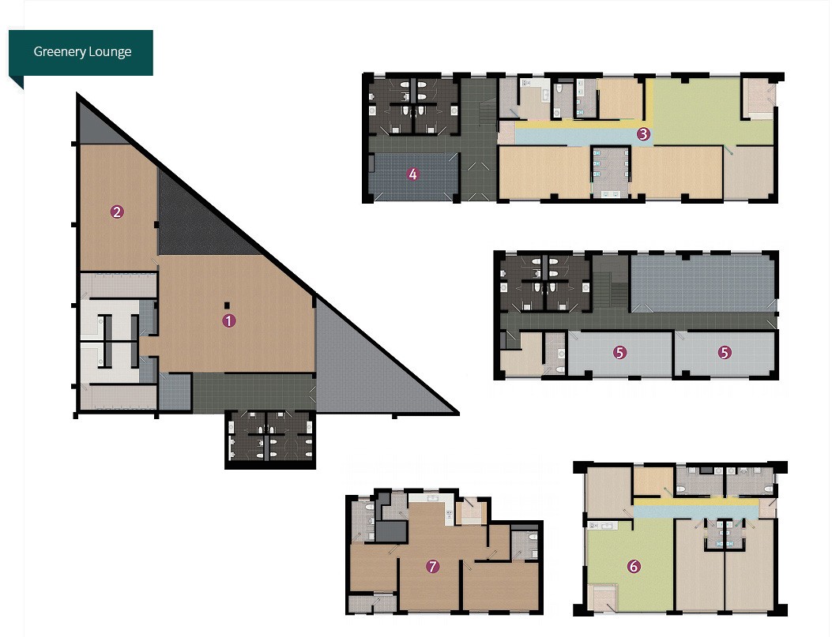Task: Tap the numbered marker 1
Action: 228,320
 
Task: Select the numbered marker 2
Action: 117,212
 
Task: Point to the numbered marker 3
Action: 643,134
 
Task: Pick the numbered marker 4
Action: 412,174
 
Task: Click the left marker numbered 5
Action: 619,352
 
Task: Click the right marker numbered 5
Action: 725,352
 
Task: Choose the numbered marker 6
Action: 634,567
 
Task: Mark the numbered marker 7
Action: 433,567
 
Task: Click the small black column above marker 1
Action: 227,305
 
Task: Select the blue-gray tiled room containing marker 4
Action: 412,177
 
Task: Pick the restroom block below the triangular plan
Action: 270,440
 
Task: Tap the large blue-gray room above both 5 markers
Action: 702,283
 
